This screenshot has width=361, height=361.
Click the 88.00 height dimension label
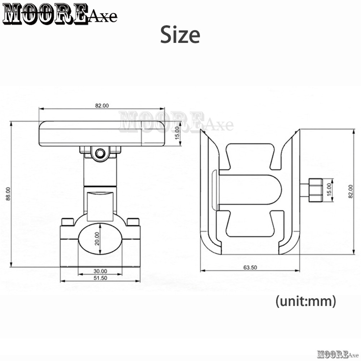point(8,193)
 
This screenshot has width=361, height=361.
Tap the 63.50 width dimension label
point(250,268)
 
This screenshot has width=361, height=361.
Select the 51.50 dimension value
point(100,278)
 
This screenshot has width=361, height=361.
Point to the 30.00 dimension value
point(100,271)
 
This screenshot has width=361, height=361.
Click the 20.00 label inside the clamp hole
point(97,239)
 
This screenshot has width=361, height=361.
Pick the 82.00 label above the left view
point(102,106)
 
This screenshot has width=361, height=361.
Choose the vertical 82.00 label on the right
point(351,191)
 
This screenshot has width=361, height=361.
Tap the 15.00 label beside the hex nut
point(329,189)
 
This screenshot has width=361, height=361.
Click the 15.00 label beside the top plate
point(177,133)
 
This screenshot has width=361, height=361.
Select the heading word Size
point(180,35)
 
